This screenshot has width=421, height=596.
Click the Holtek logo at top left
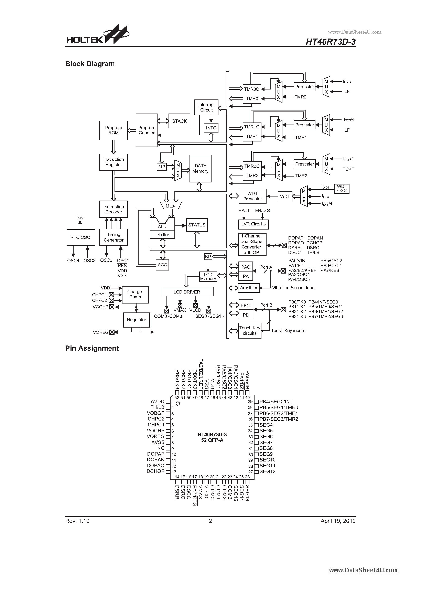point(98,35)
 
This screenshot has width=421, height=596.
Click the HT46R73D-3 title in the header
point(330,42)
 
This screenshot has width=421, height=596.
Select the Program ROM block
point(114,130)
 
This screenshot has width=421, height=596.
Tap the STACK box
point(179,121)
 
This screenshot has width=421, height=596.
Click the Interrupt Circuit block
point(206,107)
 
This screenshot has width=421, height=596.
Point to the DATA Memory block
point(200,169)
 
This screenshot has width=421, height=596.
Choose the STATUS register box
point(196,225)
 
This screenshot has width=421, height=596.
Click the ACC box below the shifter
point(162,265)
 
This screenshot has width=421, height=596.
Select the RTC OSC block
point(80,237)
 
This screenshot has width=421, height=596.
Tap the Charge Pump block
point(135,294)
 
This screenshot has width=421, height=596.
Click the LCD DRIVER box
point(187,292)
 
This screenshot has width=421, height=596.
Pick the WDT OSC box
point(342,189)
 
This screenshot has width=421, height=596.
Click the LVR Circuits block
point(253,224)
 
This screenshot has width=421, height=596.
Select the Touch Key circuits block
point(249,330)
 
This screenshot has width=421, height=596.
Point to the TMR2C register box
point(252,166)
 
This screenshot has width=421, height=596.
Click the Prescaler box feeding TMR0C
point(304,87)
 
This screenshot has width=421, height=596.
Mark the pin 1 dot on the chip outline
point(178,403)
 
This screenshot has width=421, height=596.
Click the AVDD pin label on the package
point(158,402)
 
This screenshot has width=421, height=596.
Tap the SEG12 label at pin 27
point(267,471)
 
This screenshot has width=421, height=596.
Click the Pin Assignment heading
point(92,348)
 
